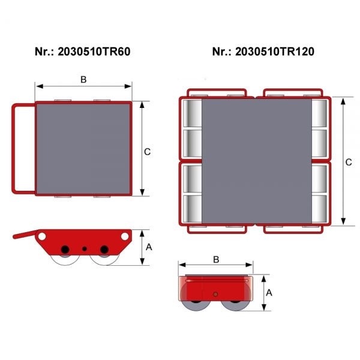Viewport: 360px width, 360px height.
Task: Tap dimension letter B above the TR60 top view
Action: point(83,79)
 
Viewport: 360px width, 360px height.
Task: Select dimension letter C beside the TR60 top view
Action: point(147,152)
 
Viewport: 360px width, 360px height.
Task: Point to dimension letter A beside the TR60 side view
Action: point(149,247)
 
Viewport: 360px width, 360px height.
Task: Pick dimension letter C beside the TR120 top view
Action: point(349,162)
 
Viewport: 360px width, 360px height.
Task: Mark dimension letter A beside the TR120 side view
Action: point(269,292)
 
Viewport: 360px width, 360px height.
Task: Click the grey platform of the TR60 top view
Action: point(83,148)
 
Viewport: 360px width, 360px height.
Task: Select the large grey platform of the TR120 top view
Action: point(257,161)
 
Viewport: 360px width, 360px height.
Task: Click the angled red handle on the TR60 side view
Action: point(25,235)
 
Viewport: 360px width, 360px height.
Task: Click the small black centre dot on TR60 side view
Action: point(85,248)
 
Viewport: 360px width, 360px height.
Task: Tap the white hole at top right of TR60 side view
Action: point(124,236)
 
